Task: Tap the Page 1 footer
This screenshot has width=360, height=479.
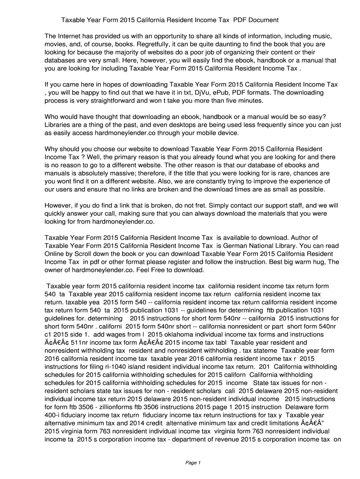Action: [x=193, y=463]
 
